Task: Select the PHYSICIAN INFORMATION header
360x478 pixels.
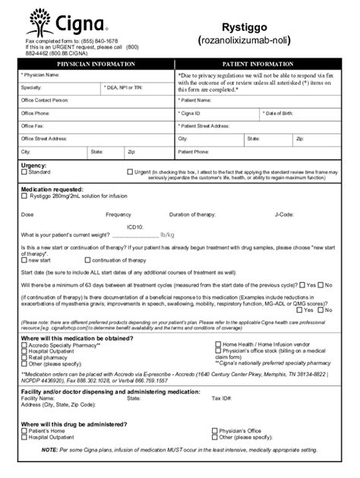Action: (x=95, y=64)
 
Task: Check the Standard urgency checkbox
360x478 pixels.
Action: (x=24, y=172)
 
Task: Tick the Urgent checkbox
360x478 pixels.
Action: (x=130, y=172)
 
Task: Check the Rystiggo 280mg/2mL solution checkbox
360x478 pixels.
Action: (x=24, y=196)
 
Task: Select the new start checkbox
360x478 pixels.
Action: (x=24, y=259)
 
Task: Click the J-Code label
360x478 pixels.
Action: (x=284, y=215)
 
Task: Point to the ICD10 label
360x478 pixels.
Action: (x=134, y=226)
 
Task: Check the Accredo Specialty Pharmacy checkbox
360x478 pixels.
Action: (x=24, y=344)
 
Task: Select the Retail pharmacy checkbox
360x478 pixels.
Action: (x=24, y=357)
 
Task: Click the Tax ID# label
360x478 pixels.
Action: (x=221, y=397)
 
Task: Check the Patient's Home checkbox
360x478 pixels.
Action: (x=24, y=430)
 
